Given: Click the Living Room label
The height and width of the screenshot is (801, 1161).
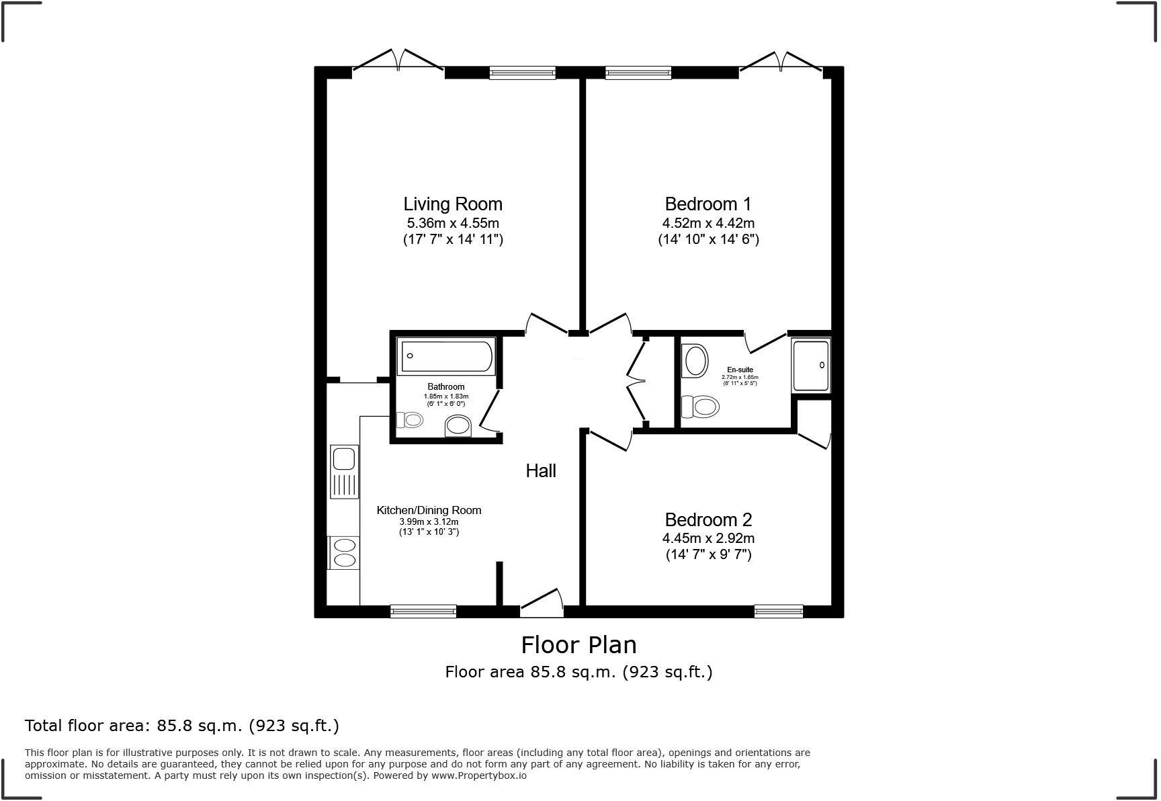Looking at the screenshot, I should coord(452,204).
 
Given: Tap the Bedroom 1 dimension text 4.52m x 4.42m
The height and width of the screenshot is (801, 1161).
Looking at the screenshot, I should coord(708,223).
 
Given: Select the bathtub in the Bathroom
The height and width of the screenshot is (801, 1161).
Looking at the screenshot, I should coord(447,356).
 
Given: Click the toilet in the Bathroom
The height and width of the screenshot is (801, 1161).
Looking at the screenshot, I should coord(410,420).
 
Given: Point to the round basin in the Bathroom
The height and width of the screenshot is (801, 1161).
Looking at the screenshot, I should coord(458,425).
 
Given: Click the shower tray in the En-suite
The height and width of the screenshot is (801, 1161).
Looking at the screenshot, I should coord(811,366).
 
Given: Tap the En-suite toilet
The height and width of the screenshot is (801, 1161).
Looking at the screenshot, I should coord(700,407).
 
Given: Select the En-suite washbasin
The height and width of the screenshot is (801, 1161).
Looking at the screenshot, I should coord(695,361).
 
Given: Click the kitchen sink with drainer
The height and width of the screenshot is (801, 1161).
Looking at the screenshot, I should coord(344,472).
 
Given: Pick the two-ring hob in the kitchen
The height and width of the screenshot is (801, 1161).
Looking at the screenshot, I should coord(344,552).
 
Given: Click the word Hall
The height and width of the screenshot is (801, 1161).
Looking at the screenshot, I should coord(541,471).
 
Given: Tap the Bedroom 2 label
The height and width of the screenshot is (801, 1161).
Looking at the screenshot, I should coord(708,519).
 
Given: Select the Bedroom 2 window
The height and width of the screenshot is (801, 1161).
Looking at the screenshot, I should coord(778,611).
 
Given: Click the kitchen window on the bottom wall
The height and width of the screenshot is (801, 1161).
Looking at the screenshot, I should coord(423,611).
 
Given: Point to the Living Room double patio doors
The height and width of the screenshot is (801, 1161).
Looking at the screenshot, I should coord(398,60).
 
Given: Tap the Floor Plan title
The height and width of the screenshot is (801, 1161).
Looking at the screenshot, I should coord(578,645).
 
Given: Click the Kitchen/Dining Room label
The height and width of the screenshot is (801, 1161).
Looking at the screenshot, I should coord(429,510).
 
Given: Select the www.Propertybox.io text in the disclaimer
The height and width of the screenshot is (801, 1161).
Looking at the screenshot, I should coord(478,775).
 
